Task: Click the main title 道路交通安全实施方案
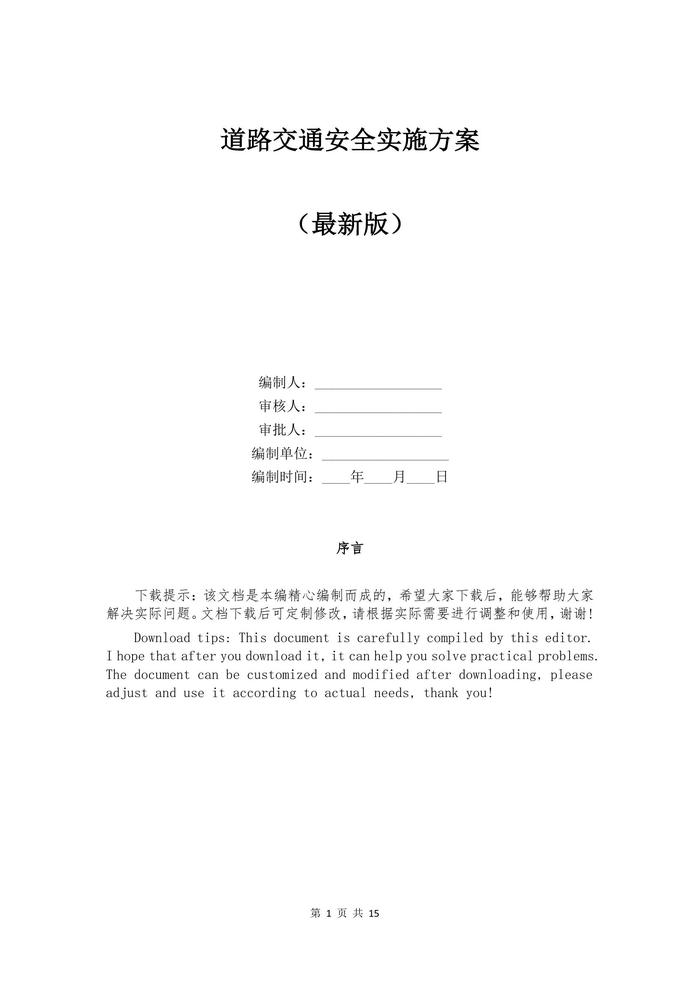(x=350, y=141)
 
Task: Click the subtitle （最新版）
(x=350, y=224)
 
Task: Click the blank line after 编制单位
(x=385, y=458)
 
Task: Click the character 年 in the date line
(x=358, y=477)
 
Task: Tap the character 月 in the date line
(x=400, y=477)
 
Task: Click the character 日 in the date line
(x=441, y=477)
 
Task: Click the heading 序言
(x=350, y=548)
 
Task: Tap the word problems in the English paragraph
(x=563, y=656)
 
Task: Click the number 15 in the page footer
(x=375, y=913)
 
